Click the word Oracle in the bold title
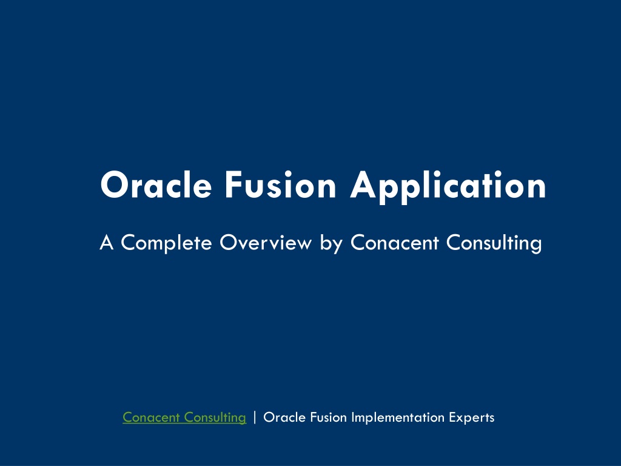point(156,185)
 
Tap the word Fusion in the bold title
point(280,184)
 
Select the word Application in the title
point(448,186)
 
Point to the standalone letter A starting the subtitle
point(107,243)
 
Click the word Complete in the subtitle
point(166,243)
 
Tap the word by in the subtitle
point(331,243)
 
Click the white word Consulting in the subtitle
point(494,243)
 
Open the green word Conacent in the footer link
point(151,417)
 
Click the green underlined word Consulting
point(215,417)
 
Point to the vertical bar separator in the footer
point(255,417)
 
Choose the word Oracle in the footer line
point(284,417)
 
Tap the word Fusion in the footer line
point(328,417)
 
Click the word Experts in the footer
point(472,417)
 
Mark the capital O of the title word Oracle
point(115,185)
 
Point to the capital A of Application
point(364,185)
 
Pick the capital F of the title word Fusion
point(233,185)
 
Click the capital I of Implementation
point(354,417)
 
